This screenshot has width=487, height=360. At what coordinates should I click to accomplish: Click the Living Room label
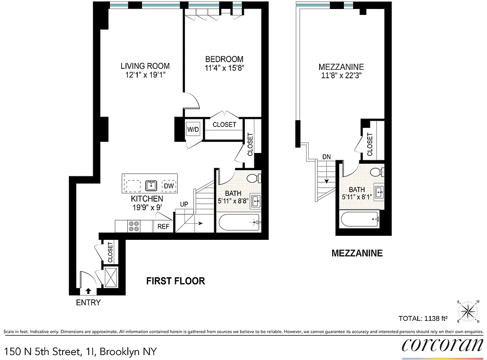[x=145, y=66]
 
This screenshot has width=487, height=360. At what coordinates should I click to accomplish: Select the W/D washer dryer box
[x=193, y=130]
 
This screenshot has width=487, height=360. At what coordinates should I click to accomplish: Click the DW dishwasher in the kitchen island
[x=169, y=185]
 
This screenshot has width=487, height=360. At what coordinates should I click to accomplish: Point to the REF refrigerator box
[x=163, y=226]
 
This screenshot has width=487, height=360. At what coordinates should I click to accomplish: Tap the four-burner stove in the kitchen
[x=134, y=226]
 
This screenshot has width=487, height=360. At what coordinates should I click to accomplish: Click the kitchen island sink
[x=151, y=185]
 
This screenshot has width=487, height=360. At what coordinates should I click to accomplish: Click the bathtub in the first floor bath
[x=239, y=222]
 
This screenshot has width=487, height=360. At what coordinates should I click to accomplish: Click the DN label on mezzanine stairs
[x=326, y=157]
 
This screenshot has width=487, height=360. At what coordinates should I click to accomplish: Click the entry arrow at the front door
[x=88, y=291]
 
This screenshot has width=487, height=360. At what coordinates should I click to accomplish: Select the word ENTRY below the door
[x=88, y=303]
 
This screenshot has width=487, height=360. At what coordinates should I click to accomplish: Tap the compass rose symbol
[x=469, y=310]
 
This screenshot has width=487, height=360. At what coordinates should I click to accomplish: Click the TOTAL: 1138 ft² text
[x=423, y=319]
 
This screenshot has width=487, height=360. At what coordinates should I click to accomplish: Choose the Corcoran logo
[x=442, y=344]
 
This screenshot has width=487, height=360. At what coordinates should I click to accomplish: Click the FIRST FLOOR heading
[x=176, y=281]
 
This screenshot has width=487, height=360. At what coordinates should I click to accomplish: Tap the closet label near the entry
[x=110, y=252]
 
